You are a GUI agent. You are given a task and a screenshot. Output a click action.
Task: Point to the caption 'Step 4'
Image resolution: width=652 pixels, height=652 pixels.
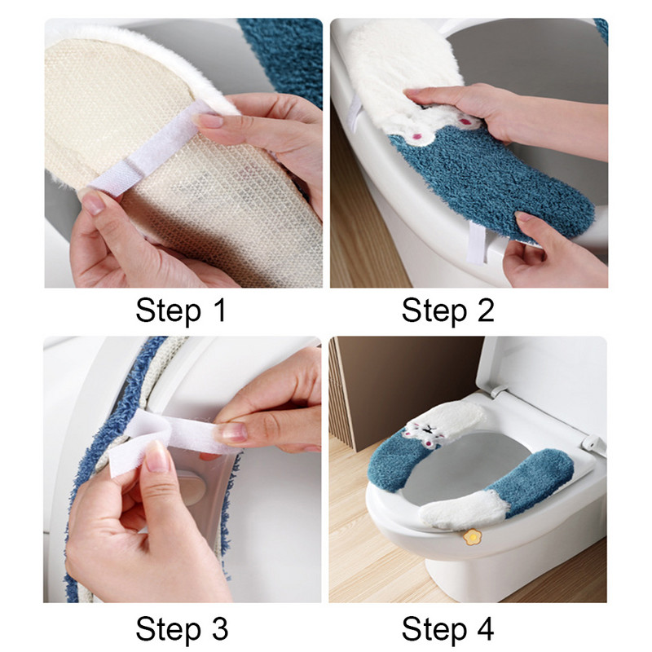(x=447, y=628)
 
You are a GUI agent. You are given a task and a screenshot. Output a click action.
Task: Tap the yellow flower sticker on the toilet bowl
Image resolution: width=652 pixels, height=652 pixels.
(x=471, y=537)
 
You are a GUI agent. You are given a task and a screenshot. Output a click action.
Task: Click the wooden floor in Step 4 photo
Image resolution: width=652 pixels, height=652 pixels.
(x=383, y=562)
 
